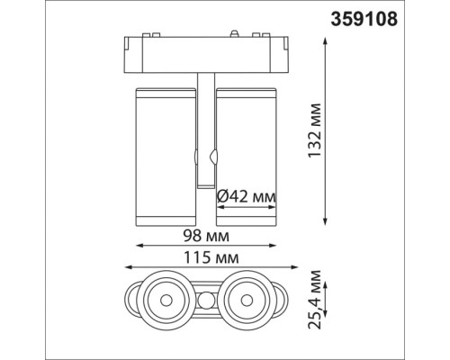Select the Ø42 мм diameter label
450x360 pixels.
(247, 195)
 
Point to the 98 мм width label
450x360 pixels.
(206, 235)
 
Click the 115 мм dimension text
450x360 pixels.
(209, 259)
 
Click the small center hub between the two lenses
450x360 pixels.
(207, 299)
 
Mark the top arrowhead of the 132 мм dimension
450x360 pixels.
(324, 38)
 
